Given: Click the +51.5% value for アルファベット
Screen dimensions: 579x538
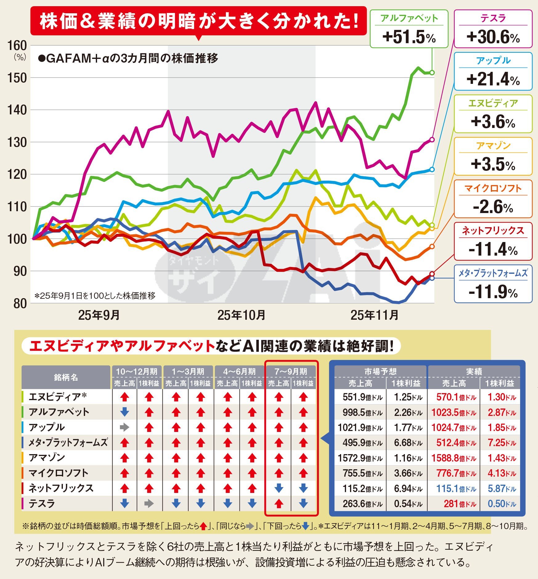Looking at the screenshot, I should click(x=409, y=37).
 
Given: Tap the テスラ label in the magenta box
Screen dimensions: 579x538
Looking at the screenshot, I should click(x=493, y=18).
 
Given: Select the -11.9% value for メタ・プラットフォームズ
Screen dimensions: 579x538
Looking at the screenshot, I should click(x=493, y=292).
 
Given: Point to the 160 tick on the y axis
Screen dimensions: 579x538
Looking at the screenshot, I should click(x=17, y=46).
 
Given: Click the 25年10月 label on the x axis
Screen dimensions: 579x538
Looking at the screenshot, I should click(x=241, y=315).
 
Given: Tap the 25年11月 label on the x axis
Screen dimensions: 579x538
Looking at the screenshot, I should click(x=374, y=315).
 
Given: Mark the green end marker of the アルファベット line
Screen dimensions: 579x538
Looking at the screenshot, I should click(x=432, y=72).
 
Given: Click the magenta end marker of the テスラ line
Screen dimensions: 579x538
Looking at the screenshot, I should click(x=432, y=140).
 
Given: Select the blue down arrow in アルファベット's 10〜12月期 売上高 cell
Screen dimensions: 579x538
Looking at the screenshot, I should click(x=124, y=412).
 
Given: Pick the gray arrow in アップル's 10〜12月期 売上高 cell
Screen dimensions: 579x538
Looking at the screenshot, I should click(x=124, y=427).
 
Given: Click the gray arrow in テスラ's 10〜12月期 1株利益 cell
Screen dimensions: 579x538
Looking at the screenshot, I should click(x=149, y=503).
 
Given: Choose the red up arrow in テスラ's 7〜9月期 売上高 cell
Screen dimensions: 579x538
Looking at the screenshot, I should click(x=279, y=503).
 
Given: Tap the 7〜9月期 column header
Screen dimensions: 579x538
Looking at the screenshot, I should click(x=291, y=372).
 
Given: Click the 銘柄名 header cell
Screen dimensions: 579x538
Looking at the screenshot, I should click(x=66, y=377).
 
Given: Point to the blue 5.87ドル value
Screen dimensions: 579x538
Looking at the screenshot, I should click(x=502, y=489).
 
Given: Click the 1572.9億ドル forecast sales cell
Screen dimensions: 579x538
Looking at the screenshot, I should click(x=360, y=458).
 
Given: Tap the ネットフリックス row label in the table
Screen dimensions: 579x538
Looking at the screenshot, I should click(x=61, y=488).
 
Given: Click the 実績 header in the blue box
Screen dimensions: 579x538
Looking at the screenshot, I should click(x=474, y=371).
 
